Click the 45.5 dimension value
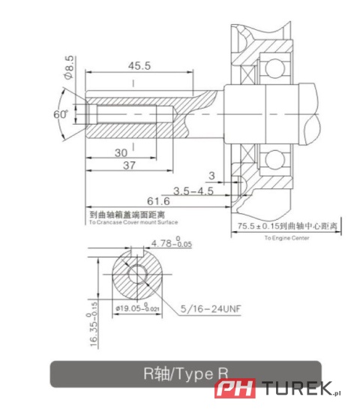[x=139, y=65]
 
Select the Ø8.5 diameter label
[x=69, y=68]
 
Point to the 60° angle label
[x=60, y=114]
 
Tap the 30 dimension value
[x=120, y=152]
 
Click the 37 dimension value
[x=129, y=165]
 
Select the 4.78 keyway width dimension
[x=171, y=243]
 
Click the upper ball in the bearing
[x=275, y=71]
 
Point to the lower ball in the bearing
[x=275, y=158]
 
